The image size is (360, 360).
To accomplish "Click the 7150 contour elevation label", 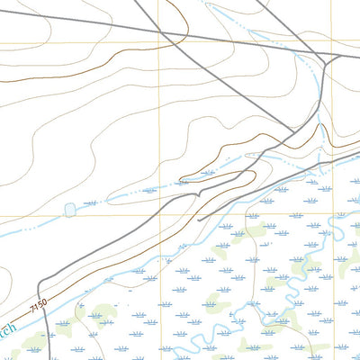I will (x=37, y=306).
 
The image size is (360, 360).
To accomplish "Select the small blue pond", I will (x=69, y=210).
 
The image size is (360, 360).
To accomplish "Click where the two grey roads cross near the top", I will (x=167, y=34).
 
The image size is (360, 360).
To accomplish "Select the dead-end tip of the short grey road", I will (x=198, y=219).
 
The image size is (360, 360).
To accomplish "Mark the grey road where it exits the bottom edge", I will (x=43, y=358).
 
